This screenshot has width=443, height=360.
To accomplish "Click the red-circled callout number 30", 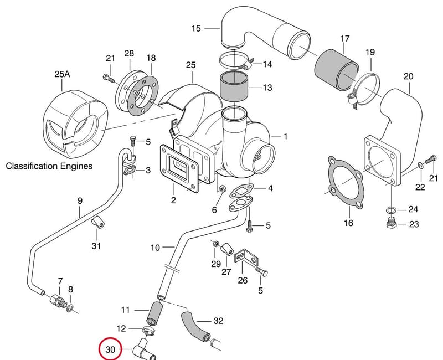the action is click(x=110, y=349).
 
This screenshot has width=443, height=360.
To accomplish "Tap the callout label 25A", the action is click(x=62, y=74).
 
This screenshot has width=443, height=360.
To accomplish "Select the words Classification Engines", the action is click(x=49, y=166).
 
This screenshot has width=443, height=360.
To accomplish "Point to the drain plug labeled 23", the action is click(x=392, y=223).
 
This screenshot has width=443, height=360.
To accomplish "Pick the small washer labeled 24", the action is click(x=391, y=210).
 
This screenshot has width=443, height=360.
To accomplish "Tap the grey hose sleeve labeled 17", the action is click(x=336, y=70).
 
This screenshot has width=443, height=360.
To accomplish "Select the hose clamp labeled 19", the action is click(x=364, y=90).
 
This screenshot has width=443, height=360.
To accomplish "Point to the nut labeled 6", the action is click(x=221, y=189).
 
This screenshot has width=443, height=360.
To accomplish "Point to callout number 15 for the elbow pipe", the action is click(x=196, y=28).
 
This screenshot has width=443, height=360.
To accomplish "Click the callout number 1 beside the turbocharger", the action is click(x=285, y=136).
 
